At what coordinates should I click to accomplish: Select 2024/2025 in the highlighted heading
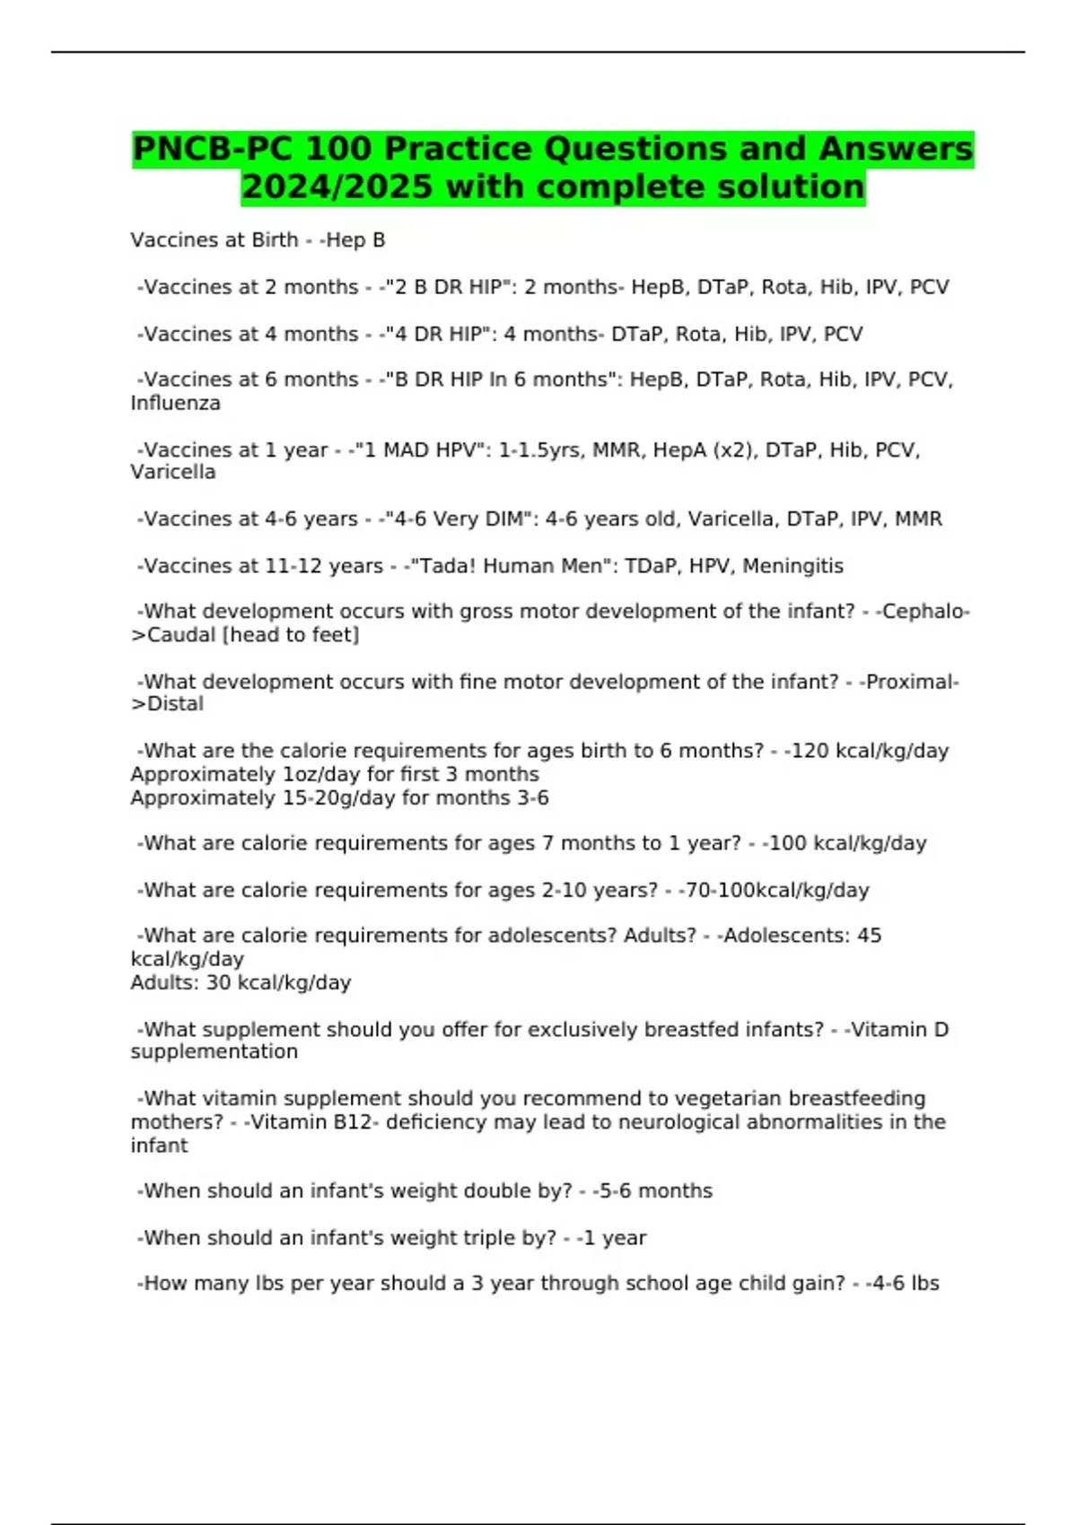(x=337, y=187)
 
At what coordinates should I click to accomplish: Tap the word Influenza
(x=175, y=404)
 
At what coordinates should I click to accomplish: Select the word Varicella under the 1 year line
(x=172, y=472)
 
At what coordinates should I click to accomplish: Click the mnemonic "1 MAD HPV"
(x=418, y=449)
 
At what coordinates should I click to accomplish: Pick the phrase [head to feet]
(x=290, y=635)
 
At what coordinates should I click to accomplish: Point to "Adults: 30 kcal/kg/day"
(x=241, y=982)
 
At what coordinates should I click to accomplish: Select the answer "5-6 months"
(x=655, y=1191)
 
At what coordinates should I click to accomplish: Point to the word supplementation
(x=214, y=1052)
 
